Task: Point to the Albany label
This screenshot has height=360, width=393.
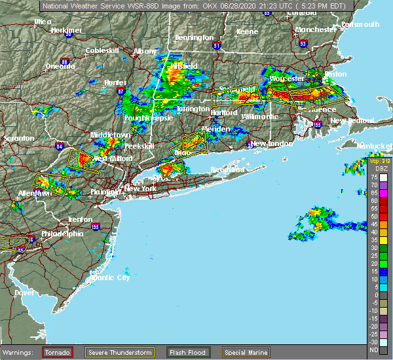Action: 144,51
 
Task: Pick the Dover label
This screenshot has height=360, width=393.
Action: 24,293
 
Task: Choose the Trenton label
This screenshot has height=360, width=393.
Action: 79,219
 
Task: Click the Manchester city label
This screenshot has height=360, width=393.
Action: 315,29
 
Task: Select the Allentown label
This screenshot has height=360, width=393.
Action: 35,193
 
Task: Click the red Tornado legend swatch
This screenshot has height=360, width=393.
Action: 58,351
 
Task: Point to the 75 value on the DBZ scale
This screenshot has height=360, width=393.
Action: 374,178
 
